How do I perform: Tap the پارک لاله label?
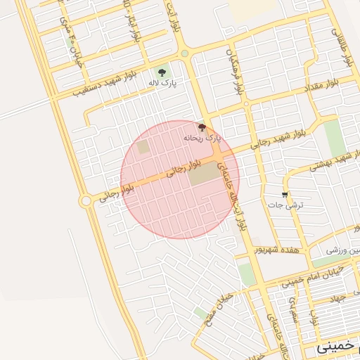[162, 83]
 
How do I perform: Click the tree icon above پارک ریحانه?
[202, 127]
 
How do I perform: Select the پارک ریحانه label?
[202, 139]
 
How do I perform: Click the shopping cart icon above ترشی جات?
[284, 194]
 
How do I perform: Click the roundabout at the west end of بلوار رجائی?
[86, 201]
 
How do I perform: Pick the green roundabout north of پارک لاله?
[184, 53]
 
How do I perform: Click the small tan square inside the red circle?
[143, 148]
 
